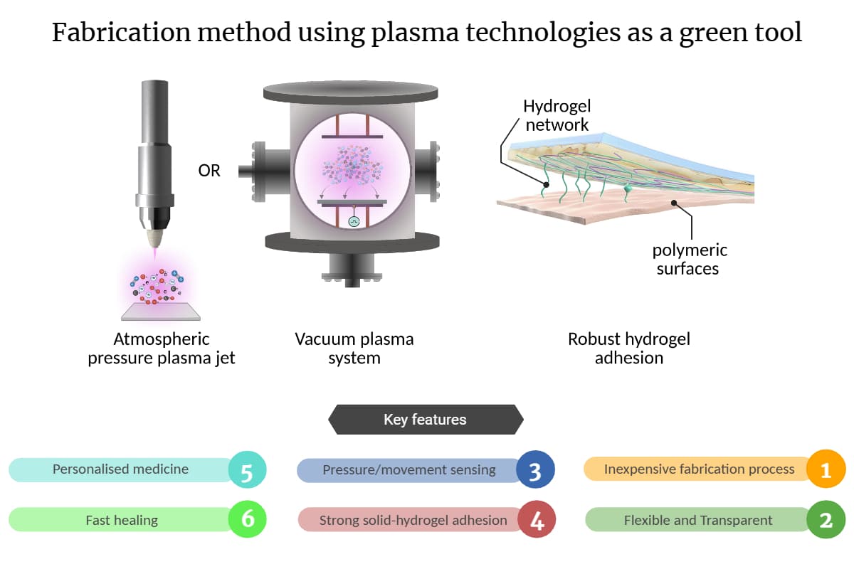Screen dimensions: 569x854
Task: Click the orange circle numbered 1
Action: pos(826,469)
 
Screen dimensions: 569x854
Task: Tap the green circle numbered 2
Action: pos(826,520)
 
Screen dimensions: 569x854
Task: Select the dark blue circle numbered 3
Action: pos(535,469)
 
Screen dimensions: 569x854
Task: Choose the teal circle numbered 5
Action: pos(247,469)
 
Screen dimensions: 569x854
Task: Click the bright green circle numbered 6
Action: pos(247,520)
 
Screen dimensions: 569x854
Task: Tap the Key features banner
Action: pos(425,420)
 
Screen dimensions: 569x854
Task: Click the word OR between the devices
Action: pos(209,171)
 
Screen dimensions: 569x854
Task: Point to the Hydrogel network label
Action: pos(557,116)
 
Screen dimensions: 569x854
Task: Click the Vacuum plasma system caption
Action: pos(354,349)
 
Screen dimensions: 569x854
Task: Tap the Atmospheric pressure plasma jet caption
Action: pos(162,349)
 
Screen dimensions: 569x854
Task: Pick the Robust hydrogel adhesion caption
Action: pos(628,349)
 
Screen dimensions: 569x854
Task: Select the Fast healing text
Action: pos(122,520)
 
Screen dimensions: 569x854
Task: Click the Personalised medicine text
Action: pos(120,469)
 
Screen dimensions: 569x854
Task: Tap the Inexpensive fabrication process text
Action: pos(699,469)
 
